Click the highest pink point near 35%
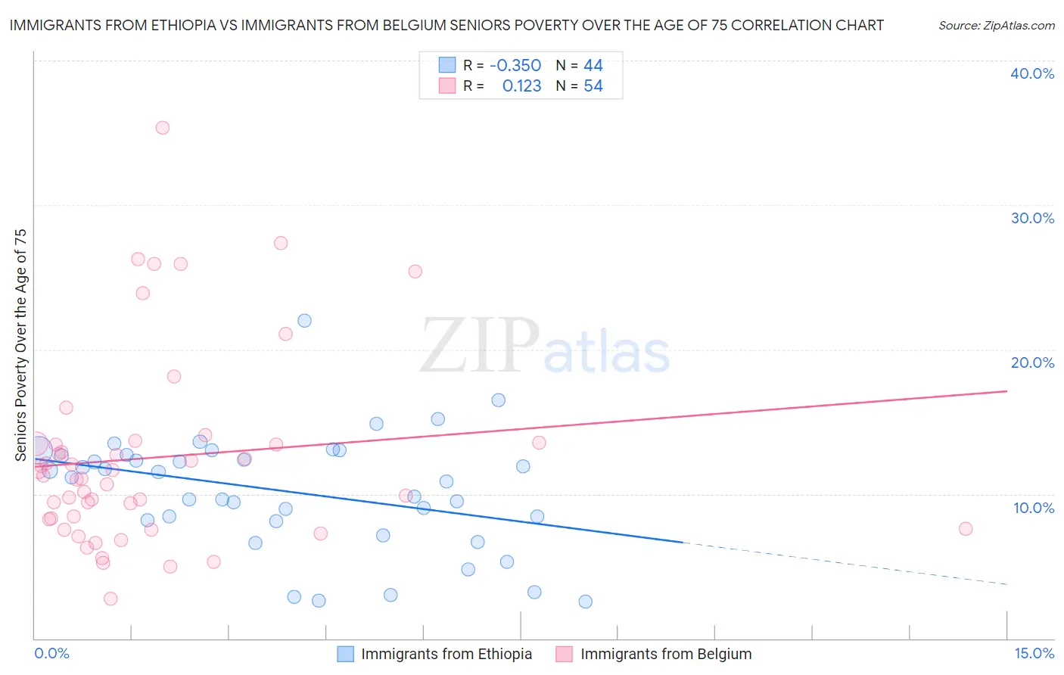coord(163,128)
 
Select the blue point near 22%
coord(304,321)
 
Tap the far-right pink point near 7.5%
coord(966,529)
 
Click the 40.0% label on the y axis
coord(1032,73)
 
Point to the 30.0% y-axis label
coord(1032,218)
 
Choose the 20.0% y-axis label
coord(1032,362)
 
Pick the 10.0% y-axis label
coord(1034,508)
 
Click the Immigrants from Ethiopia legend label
coord(446,655)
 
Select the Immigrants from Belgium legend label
coord(666,655)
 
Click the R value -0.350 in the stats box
coord(515,66)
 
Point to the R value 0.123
coord(521,86)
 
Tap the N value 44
coord(593,66)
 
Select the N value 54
coord(593,86)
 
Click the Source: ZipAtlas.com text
coord(996,26)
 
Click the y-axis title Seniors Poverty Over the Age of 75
coord(20,345)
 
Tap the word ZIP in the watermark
coord(480,347)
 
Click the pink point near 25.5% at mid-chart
coord(415,272)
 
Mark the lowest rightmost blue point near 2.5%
coord(586,602)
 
